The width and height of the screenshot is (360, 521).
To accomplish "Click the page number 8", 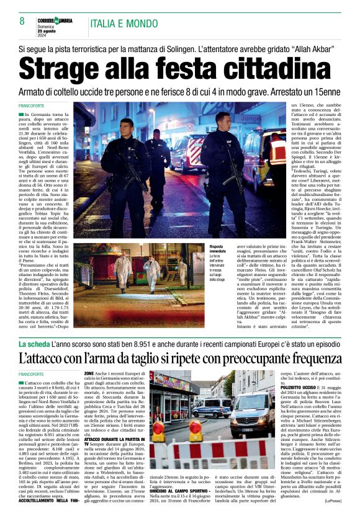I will pyautogui.click(x=22, y=22).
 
